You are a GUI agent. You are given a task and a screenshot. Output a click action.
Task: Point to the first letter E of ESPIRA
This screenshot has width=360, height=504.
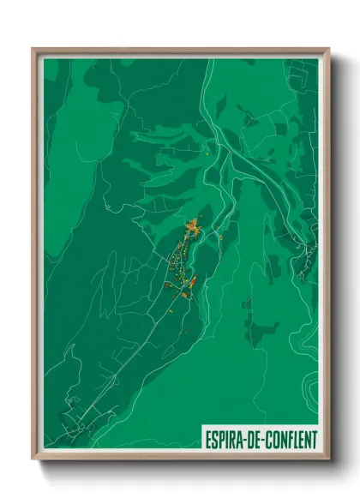point(208,438)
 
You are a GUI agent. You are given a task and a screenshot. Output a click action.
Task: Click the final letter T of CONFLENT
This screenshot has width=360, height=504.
point(313,438)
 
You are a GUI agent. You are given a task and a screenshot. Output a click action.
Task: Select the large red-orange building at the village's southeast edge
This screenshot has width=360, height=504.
point(192,281)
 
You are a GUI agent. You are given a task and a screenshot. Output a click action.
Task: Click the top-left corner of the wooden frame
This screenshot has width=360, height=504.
point(34,50)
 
